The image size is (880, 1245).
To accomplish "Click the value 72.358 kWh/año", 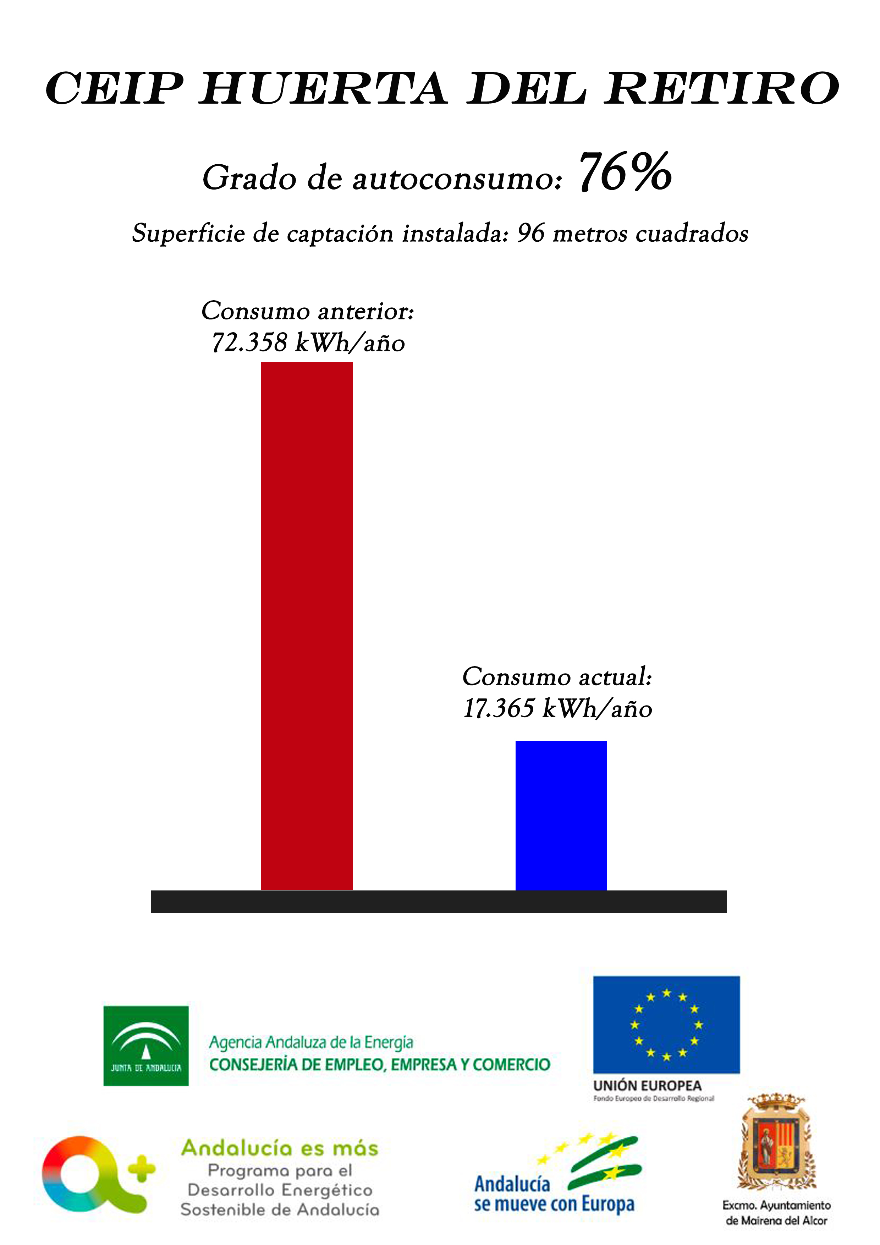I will click(x=308, y=343).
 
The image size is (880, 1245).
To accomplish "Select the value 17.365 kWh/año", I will click(x=557, y=708).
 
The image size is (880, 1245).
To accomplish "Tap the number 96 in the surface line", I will click(x=530, y=233).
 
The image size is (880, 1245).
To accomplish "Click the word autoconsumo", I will click(x=457, y=178).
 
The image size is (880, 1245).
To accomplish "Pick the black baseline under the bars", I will click(x=438, y=902).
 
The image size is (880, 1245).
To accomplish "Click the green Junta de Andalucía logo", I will click(x=146, y=1046).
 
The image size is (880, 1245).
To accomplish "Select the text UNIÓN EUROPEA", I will click(x=647, y=1086).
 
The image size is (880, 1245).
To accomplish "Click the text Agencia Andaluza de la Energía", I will click(x=311, y=1042).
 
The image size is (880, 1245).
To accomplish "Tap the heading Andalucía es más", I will click(x=280, y=1148).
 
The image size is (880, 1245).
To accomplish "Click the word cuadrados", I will click(x=692, y=233).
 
